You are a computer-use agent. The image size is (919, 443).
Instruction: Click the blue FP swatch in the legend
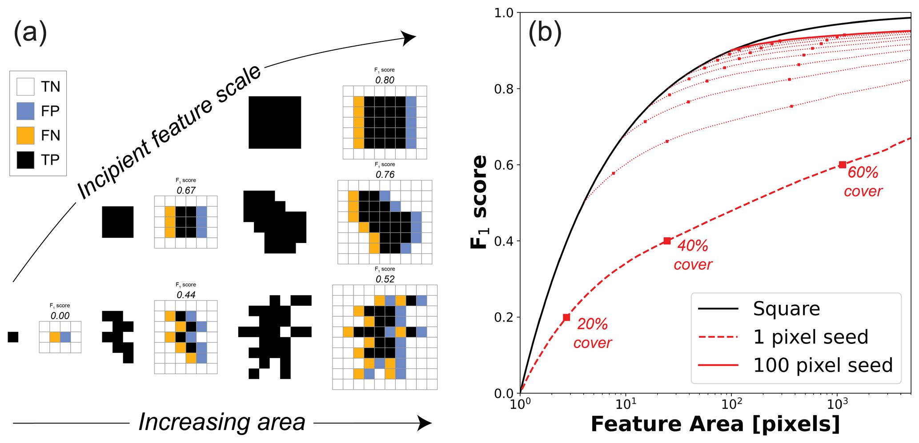pyautogui.click(x=25, y=111)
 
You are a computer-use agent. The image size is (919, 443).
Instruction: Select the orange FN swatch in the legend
pyautogui.click(x=25, y=136)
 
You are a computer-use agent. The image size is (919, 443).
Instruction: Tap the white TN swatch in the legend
pyautogui.click(x=25, y=87)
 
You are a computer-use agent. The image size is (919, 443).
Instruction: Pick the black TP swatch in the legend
pyautogui.click(x=25, y=160)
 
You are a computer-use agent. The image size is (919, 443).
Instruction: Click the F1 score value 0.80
pyautogui.click(x=385, y=80)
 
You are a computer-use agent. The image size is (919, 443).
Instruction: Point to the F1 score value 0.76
pyautogui.click(x=385, y=175)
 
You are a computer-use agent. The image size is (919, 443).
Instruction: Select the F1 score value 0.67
pyautogui.click(x=186, y=191)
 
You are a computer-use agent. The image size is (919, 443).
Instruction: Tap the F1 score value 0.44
pyautogui.click(x=186, y=295)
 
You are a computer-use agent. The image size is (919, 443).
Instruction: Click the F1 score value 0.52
pyautogui.click(x=385, y=279)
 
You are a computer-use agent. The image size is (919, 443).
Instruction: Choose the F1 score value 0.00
pyautogui.click(x=60, y=316)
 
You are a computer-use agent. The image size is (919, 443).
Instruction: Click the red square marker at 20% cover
pyautogui.click(x=566, y=317)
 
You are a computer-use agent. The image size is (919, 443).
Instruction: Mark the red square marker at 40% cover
pyautogui.click(x=667, y=241)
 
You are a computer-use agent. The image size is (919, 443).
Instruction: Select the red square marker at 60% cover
pyautogui.click(x=843, y=165)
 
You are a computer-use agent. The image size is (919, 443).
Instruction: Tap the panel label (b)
pyautogui.click(x=545, y=33)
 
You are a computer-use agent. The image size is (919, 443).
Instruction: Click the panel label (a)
pyautogui.click(x=30, y=33)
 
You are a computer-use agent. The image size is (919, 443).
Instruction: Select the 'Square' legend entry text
pyautogui.click(x=786, y=309)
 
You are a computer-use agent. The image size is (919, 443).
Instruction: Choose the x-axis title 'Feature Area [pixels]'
pyautogui.click(x=715, y=424)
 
